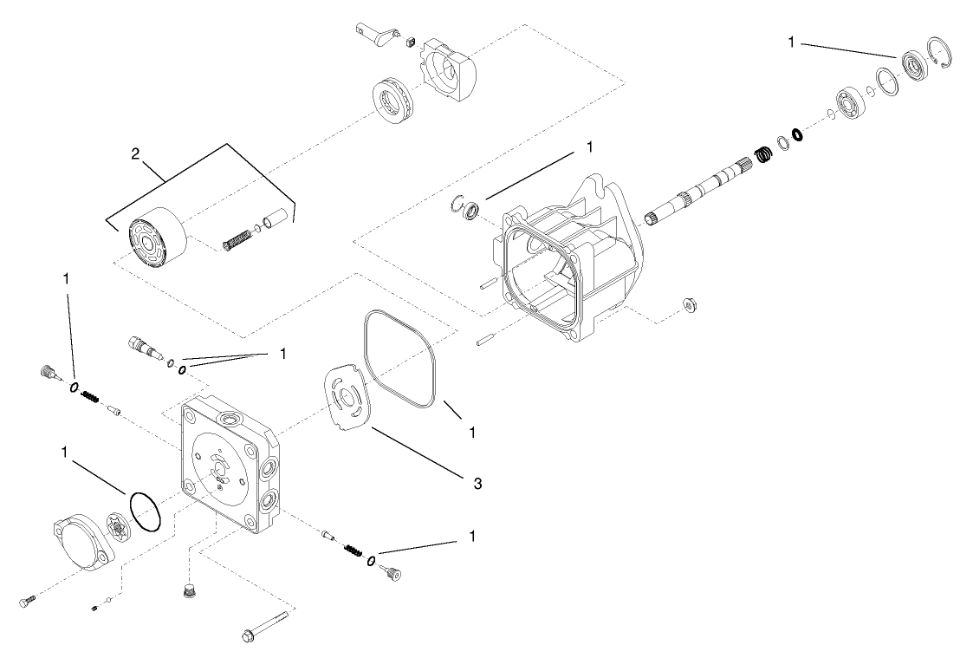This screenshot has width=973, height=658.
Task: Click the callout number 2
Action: pos(134,154)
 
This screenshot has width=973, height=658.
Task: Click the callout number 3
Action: pos(477,482)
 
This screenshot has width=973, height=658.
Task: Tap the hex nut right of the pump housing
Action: pos(690,304)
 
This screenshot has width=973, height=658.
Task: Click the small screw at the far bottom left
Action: pos(26,601)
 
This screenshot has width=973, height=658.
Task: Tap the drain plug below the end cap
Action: pos(184,592)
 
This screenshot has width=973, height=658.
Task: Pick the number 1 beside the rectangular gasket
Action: pos(471,430)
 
